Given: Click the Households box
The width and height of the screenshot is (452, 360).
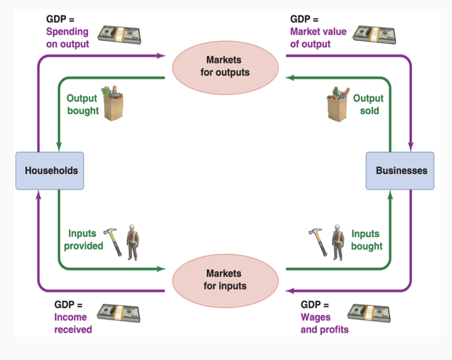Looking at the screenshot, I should click(x=50, y=170).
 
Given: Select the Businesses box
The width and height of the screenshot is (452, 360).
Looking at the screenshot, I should click(x=400, y=170).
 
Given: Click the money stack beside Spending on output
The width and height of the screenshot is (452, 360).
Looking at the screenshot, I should click(x=118, y=34).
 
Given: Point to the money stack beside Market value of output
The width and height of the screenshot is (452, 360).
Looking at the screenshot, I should click(x=374, y=34).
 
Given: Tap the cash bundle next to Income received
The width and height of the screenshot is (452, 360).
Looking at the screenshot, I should click(x=118, y=313).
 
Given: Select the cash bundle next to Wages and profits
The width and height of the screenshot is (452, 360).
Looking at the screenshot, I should click(x=368, y=313).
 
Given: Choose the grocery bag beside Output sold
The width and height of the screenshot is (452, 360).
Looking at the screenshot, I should click(x=338, y=104).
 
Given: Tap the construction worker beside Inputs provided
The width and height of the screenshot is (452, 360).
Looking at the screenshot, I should click(x=132, y=242).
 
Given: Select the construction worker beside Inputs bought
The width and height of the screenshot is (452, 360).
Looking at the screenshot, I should click(x=337, y=242).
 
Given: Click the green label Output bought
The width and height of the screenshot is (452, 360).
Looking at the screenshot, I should click(x=83, y=105).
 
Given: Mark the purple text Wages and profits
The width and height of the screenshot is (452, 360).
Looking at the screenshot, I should click(x=324, y=323).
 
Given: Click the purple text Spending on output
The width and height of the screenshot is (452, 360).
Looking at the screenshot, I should click(x=68, y=38).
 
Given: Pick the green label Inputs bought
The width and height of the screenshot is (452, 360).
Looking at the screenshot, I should click(x=367, y=240).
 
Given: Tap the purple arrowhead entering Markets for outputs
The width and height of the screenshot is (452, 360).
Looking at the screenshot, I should click(x=161, y=55).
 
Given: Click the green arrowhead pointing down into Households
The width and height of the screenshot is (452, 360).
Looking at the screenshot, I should click(x=59, y=147).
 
